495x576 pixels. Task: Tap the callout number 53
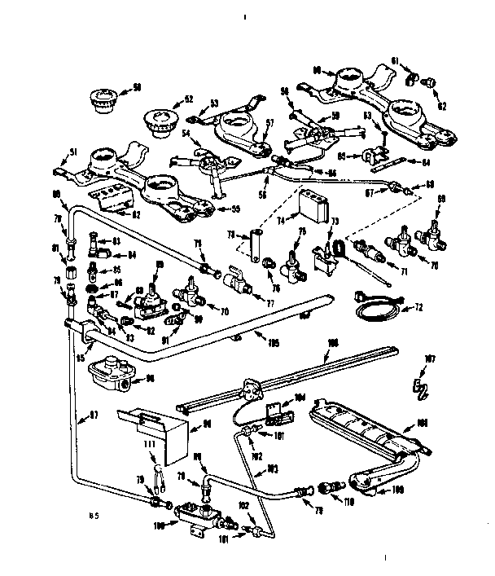(215, 103)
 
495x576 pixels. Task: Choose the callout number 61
(416, 60)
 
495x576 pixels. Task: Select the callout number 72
(419, 309)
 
